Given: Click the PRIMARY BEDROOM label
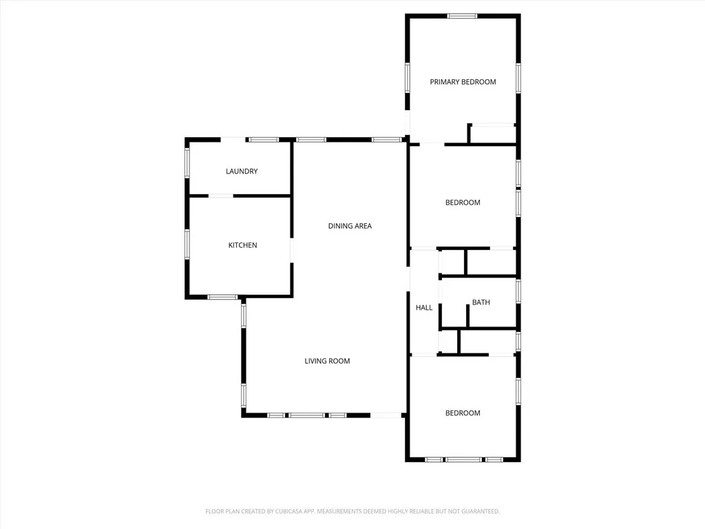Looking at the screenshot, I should [463, 82].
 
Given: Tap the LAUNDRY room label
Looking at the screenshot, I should [242, 172].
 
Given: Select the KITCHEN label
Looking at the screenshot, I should [242, 245].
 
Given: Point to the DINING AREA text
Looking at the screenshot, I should [350, 226].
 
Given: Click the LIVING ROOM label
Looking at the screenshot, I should [327, 361].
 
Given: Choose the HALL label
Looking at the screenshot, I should [424, 308].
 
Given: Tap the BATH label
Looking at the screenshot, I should [481, 302].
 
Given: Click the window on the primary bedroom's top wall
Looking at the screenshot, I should [462, 16].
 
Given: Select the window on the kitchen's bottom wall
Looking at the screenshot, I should [222, 298].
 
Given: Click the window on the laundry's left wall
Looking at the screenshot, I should [187, 163].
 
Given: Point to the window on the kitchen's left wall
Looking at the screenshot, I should [187, 245].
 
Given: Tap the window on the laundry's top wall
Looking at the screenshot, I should [264, 140].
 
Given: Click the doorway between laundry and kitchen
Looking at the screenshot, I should [221, 196].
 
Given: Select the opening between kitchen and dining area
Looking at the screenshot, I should [292, 250].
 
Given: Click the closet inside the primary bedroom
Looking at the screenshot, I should [493, 134].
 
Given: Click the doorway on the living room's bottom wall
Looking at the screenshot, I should [387, 415].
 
